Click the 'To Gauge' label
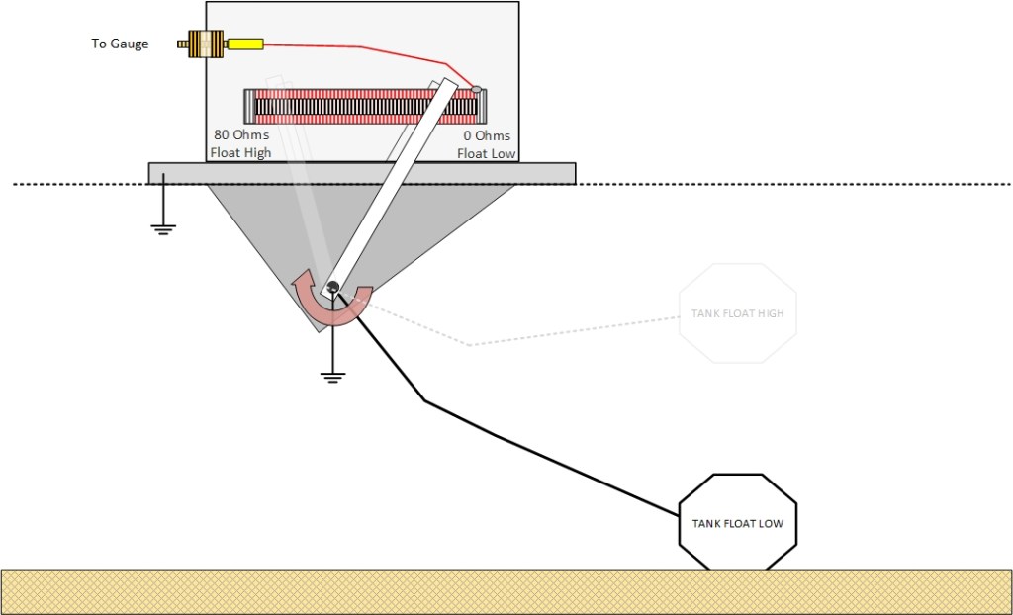coord(120,44)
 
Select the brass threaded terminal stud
coord(203,44)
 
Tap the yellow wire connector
coord(245,44)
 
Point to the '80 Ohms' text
coord(241,135)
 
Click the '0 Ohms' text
coord(487,135)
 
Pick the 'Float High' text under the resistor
coord(240,153)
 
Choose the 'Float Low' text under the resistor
coord(484,153)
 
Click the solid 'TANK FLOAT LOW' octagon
coord(737,522)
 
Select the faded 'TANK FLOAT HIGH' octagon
coord(737,313)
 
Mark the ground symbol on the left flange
coord(163,229)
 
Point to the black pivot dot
coord(333,288)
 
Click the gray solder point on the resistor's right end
coord(476,90)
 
